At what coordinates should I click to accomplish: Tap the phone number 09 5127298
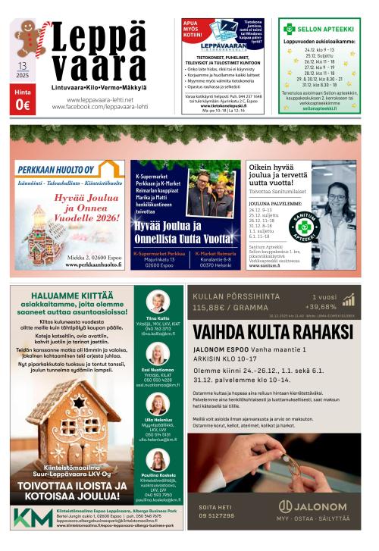217,515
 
